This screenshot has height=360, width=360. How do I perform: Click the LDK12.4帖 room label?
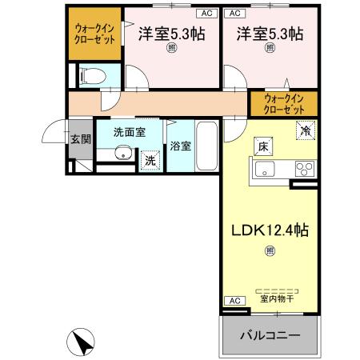(x=270, y=230)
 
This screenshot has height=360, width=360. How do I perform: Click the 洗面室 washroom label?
(x=128, y=133)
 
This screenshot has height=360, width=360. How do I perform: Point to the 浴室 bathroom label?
(x=180, y=146)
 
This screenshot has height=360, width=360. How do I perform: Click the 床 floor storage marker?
(x=262, y=146)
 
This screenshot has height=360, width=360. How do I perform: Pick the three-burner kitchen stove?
(x=305, y=168)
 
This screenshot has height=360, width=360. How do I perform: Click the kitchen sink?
(x=265, y=168)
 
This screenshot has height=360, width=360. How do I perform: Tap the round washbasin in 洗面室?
(x=122, y=154)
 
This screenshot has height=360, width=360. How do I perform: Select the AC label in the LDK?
(x=234, y=300)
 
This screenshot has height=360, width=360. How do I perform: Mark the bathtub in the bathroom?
(x=207, y=146)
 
